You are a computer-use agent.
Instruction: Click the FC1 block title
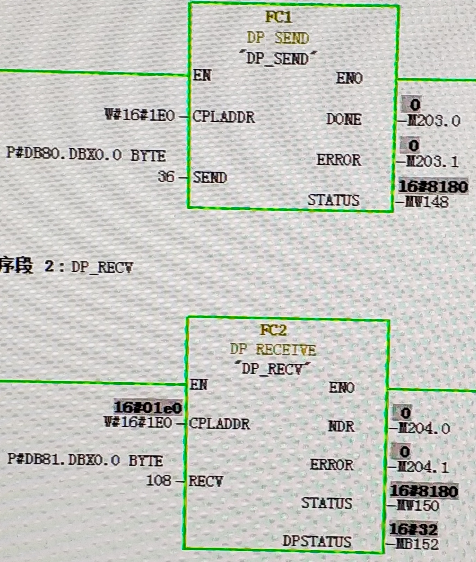point(278,17)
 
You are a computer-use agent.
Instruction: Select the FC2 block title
point(273,330)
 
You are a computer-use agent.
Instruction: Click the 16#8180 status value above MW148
point(433,186)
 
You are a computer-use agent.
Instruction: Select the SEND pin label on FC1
point(210,177)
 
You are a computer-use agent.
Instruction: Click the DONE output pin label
point(344,119)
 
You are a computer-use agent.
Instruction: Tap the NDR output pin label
point(341,427)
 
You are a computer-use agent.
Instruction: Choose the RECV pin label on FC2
point(206,481)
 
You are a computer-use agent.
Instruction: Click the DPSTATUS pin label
point(317,541)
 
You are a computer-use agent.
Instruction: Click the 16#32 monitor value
point(413,529)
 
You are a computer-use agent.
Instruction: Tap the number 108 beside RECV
point(159,480)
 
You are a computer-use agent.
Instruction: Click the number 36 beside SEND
point(166,176)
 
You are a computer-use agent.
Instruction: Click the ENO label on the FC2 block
point(341,387)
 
